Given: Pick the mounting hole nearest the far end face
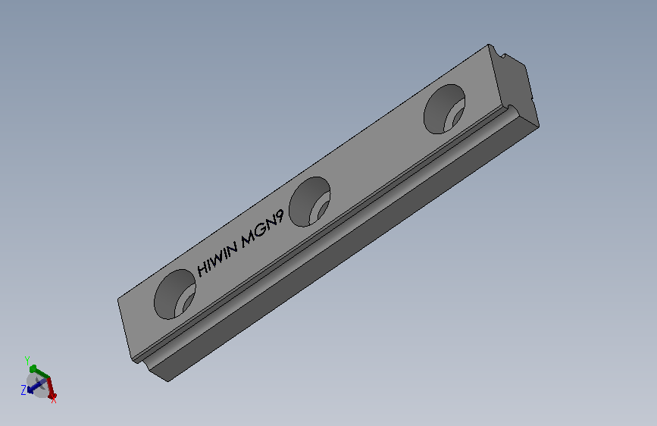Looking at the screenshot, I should coord(445,107).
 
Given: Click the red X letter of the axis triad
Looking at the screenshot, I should coord(53,399).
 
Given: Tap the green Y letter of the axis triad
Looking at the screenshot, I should coord(27,360).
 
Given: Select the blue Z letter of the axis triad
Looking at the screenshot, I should coord(24,390).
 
